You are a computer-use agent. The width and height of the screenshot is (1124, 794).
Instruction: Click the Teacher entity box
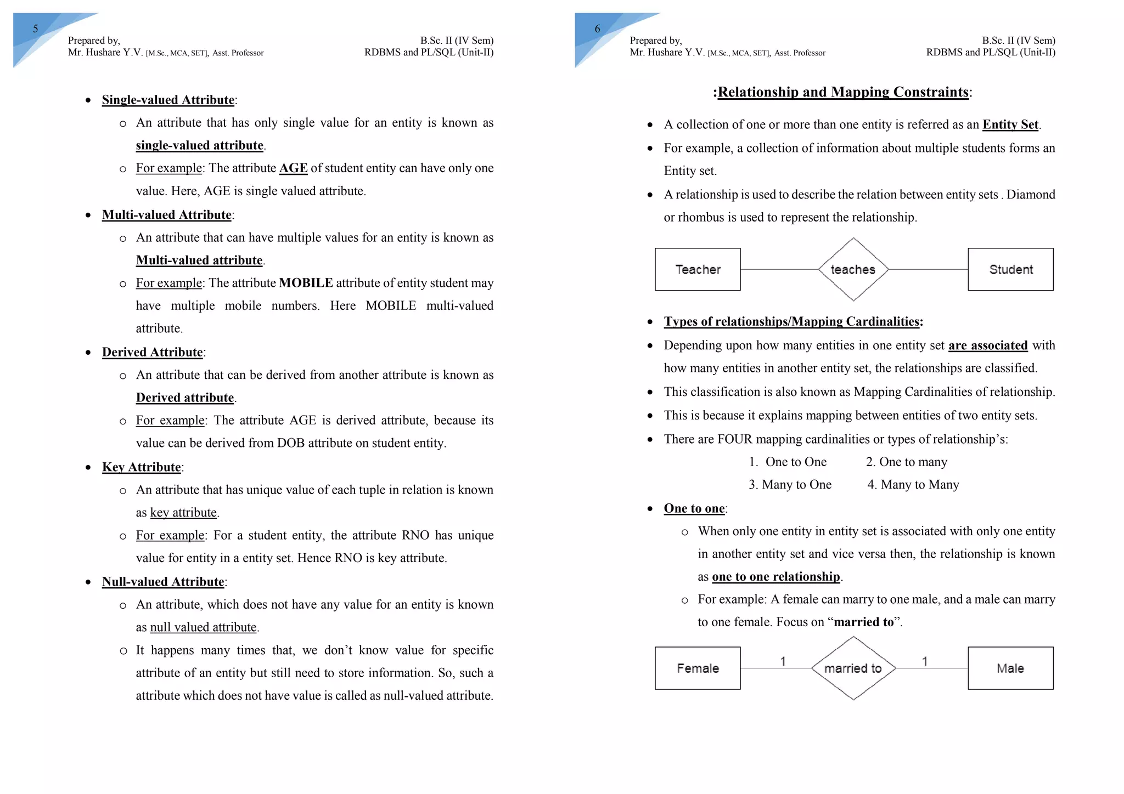[x=697, y=269]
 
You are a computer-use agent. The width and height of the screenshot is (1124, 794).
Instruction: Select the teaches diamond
[x=853, y=269]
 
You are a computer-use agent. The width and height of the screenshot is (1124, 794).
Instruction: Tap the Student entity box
[x=1010, y=269]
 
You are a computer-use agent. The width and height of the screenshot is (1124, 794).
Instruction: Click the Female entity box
[x=697, y=668]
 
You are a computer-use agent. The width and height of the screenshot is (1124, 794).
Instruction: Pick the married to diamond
[x=853, y=668]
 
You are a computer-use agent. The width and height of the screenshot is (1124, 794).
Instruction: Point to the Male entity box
[x=1010, y=668]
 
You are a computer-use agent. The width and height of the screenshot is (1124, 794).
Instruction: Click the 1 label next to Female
[x=783, y=661]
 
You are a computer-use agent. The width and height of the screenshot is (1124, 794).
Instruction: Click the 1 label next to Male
[x=925, y=661]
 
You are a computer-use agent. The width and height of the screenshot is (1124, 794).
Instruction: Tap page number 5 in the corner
[x=36, y=29]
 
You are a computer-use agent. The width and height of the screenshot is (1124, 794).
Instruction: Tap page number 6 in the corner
[x=598, y=29]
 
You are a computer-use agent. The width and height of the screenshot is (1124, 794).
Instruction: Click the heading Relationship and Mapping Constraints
[x=842, y=92]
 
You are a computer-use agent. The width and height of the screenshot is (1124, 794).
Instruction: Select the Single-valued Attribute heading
[x=168, y=100]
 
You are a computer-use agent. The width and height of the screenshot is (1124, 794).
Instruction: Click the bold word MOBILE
[x=306, y=283]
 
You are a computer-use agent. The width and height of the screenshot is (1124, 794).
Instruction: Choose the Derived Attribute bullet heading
[x=153, y=352]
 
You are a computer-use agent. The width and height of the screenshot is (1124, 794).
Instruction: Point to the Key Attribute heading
[x=142, y=467]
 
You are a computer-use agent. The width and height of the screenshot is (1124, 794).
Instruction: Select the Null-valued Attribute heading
[x=163, y=582]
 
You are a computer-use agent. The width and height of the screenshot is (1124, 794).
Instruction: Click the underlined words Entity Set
[x=1010, y=124]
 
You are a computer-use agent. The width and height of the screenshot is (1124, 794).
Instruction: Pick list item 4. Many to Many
[x=913, y=485]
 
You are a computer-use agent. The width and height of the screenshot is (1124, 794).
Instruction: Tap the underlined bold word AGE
[x=293, y=168]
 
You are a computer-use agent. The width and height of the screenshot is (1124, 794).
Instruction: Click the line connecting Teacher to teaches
[x=779, y=269]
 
